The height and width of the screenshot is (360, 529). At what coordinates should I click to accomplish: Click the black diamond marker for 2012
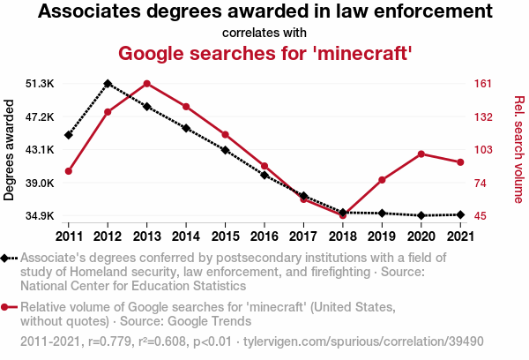108,83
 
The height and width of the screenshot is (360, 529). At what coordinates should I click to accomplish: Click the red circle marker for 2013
146,84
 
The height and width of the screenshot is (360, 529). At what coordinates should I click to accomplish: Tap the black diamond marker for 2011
69,135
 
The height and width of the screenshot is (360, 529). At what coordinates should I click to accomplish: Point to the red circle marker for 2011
69,170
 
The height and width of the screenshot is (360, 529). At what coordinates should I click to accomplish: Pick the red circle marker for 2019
382,180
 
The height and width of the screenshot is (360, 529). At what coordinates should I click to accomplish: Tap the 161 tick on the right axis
482,84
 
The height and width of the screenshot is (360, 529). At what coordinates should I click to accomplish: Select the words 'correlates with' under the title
264,33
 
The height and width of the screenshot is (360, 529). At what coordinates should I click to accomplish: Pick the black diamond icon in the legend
7,259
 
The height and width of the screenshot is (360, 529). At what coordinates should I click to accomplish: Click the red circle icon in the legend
7,307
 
